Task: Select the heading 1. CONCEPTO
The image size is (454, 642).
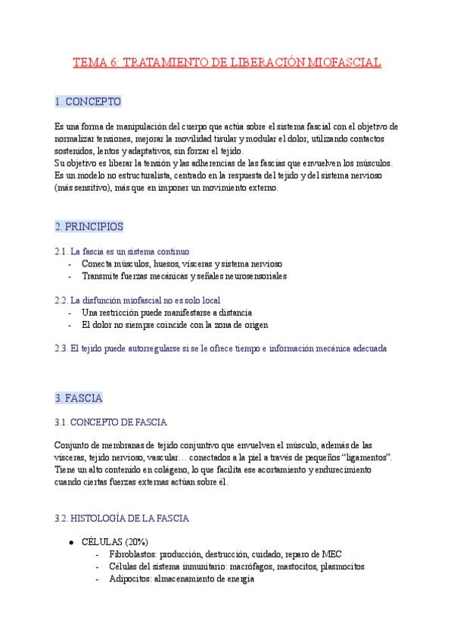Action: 88,101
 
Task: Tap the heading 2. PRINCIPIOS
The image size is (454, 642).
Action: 89,226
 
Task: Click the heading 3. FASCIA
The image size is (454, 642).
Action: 79,397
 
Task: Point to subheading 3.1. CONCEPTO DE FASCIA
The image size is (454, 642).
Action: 110,422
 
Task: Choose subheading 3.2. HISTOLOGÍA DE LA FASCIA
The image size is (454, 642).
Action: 122,519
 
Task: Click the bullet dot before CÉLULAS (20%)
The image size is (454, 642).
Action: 70,543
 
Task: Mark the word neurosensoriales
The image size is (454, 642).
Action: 247,276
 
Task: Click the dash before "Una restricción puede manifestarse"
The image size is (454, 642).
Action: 70,312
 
